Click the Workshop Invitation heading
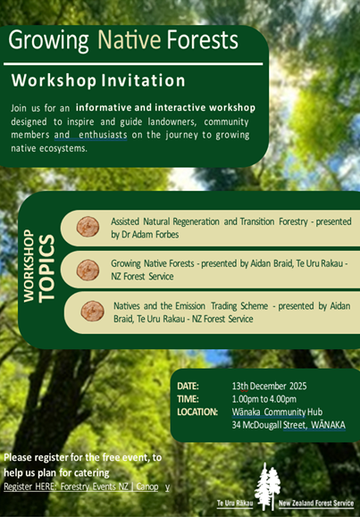[x=98, y=81]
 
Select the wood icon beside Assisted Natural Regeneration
[x=88, y=227]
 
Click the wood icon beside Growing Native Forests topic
[x=88, y=270]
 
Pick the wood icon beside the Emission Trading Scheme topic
[x=92, y=312]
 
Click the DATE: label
[x=191, y=385]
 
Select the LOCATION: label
[x=197, y=412]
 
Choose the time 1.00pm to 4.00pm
[x=267, y=398]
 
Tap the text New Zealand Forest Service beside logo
[x=316, y=504]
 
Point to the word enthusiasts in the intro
[x=106, y=134]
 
